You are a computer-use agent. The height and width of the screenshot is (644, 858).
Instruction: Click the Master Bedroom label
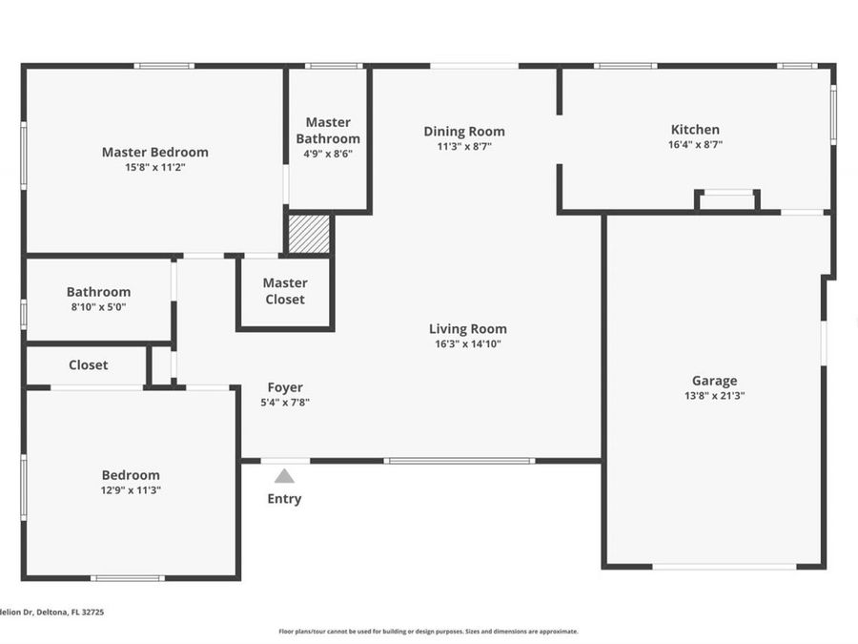154,152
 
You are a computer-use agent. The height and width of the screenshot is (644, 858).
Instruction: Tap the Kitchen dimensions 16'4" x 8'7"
695,145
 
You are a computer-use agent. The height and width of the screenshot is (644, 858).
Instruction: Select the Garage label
714,381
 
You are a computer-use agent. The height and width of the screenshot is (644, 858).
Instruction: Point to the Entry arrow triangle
284,475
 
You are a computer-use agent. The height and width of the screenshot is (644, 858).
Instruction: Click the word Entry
284,498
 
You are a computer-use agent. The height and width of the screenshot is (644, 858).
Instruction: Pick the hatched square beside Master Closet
309,235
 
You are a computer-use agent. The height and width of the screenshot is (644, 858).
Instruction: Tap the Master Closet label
285,291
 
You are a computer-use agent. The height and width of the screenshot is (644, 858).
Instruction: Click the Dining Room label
464,132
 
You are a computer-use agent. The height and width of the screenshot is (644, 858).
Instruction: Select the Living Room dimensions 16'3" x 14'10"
467,344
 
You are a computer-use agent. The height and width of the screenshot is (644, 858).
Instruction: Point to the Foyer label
285,387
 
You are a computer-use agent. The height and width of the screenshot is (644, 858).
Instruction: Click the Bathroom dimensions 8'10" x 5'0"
98,307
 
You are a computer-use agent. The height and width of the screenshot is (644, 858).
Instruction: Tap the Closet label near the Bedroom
88,364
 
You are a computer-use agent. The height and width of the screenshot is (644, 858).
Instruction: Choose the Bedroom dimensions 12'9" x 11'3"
131,490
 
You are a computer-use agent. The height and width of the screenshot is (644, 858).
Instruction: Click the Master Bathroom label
328,130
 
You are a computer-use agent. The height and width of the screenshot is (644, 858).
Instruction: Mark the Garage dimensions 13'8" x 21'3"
714,395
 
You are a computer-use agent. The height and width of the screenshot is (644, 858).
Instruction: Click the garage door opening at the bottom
725,567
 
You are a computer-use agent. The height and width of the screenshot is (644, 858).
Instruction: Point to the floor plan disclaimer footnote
428,631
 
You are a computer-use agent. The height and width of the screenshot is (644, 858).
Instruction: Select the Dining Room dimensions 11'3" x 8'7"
464,147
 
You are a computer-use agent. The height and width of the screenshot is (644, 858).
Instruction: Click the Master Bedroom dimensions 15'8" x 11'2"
154,167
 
